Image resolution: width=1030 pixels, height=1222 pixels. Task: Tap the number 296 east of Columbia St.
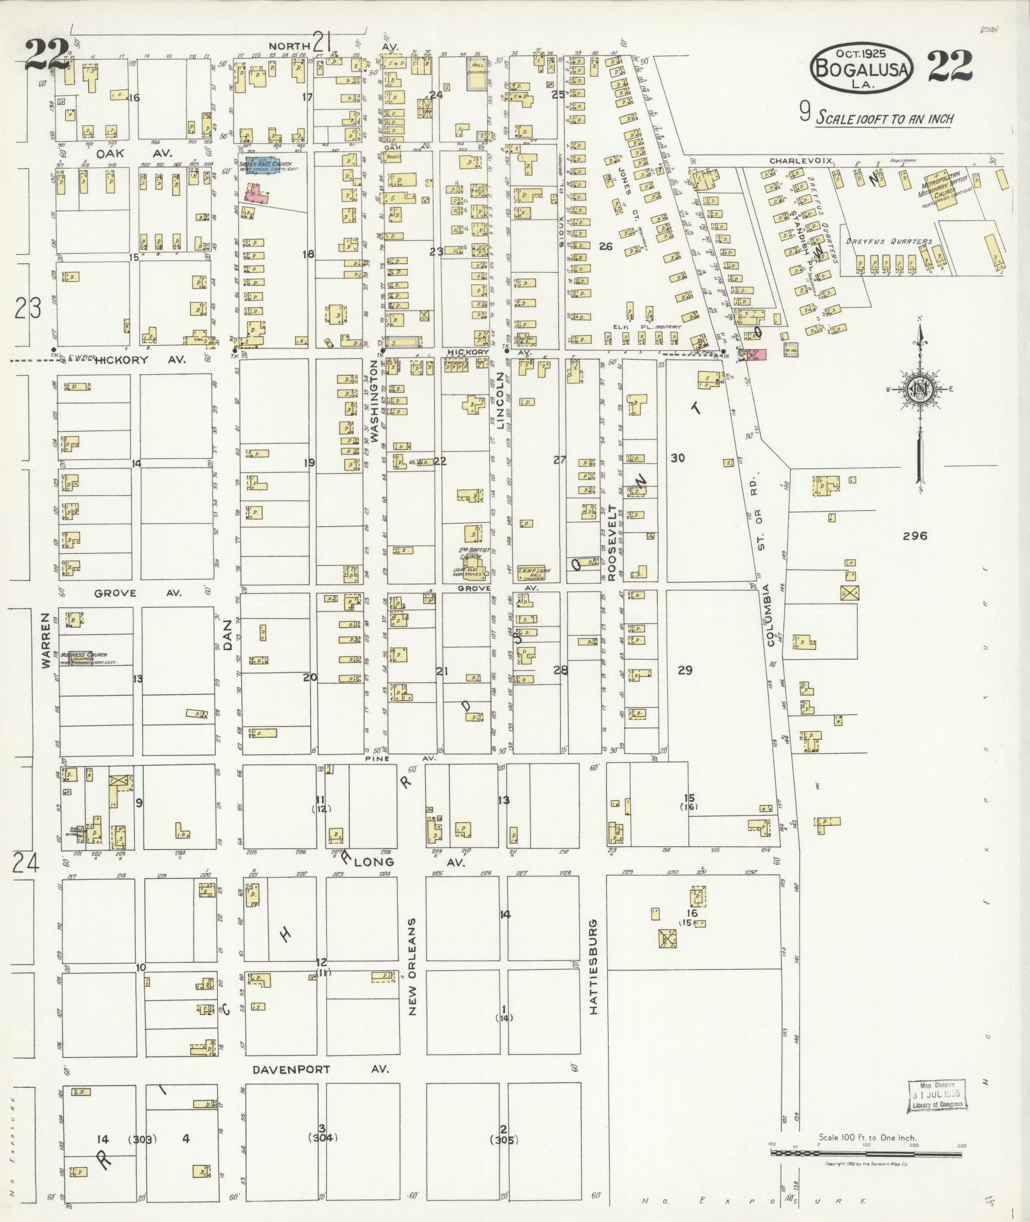[914, 537]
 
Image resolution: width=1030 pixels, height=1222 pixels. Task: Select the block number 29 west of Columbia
[685, 670]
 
